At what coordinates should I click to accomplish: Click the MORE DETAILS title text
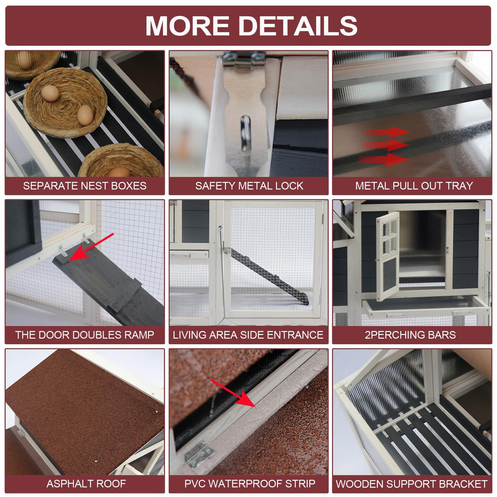251,25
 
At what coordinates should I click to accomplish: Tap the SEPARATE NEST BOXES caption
85,186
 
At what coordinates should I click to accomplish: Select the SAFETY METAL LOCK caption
249,186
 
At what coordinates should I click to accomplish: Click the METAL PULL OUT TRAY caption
414,186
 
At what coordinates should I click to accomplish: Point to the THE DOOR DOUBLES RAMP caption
85,335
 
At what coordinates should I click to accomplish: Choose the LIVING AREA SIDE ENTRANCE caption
248,335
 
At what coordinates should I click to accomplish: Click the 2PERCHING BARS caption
410,335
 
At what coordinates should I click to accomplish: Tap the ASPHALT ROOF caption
86,484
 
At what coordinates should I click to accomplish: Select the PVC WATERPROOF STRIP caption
250,484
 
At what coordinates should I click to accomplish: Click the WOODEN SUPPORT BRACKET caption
411,484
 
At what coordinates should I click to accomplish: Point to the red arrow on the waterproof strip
233,393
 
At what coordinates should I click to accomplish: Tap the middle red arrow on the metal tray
385,145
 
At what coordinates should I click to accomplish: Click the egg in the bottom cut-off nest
119,172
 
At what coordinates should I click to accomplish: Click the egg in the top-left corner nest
25,59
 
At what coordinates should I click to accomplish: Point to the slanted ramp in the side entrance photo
269,276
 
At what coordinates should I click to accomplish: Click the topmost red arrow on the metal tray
387,132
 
